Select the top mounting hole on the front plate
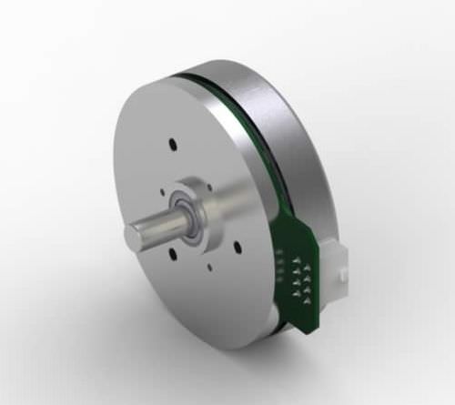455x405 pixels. pyautogui.click(x=171, y=142)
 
